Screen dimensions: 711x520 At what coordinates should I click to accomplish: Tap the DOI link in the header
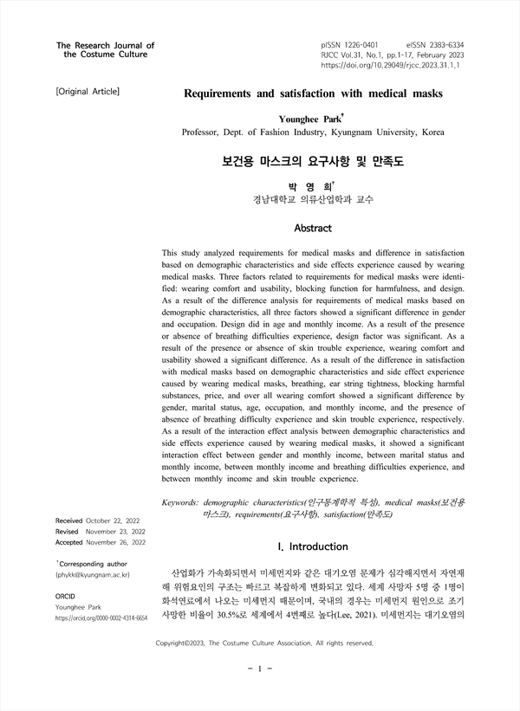pos(392,65)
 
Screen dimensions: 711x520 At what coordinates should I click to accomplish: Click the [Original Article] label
pos(87,91)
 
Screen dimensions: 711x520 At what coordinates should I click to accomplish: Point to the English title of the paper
pos(313,92)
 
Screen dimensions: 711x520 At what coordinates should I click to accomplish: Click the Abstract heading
pos(313,229)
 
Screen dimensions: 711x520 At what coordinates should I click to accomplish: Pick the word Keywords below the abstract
pos(180,502)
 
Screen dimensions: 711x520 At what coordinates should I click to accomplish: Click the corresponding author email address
pos(94,574)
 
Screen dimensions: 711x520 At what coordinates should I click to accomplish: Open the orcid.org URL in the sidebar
pos(101,618)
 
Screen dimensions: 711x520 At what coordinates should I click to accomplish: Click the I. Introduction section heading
pos(312,546)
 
